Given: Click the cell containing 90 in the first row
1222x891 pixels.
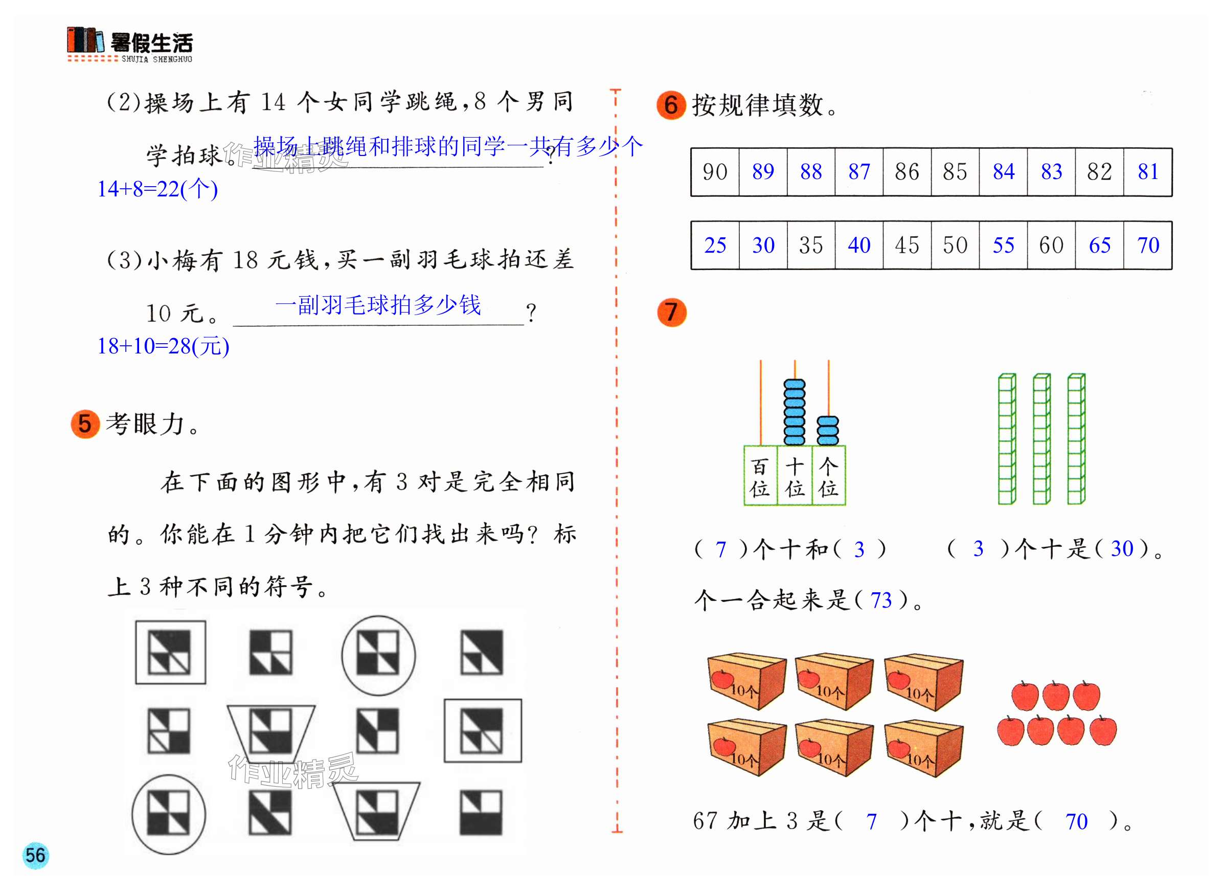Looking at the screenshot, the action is click(714, 172).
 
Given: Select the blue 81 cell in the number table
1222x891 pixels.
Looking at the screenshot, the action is click(1148, 172).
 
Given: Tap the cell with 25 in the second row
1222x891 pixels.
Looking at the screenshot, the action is click(715, 246).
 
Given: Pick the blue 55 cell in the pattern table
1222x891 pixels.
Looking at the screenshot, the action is click(1003, 246).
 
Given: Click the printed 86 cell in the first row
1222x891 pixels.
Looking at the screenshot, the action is click(907, 172).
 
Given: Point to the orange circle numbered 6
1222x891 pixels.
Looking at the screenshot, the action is click(670, 105).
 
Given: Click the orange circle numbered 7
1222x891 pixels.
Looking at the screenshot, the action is click(671, 313).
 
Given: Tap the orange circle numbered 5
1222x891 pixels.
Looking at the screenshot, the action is click(85, 424).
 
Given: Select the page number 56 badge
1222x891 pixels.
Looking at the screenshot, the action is click(36, 855).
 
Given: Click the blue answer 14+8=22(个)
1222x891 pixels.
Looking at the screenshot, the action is click(157, 189).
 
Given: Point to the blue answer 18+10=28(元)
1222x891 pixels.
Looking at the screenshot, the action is click(163, 346).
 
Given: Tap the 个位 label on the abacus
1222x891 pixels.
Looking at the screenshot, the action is click(828, 477).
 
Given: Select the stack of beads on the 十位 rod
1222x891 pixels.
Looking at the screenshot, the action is click(794, 413).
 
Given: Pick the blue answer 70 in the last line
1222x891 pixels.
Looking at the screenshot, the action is click(1076, 821).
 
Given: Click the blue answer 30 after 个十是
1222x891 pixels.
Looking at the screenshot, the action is click(1122, 548).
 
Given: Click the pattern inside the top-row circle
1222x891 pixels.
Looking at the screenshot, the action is click(378, 654).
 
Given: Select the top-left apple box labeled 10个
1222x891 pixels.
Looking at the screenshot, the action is click(746, 681).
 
